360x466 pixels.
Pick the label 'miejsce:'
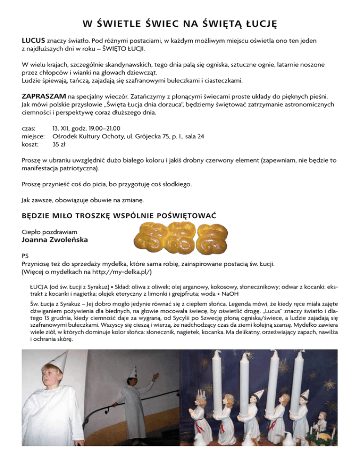34,136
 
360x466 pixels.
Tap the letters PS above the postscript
26,256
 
